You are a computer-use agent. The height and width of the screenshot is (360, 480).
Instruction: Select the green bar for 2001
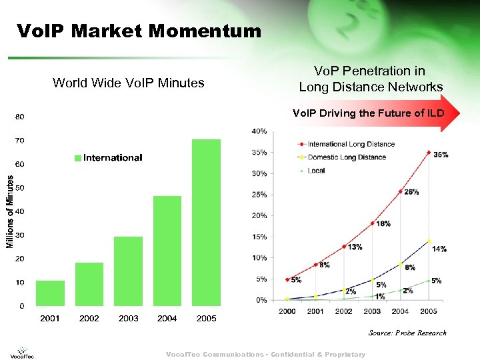coord(50,293)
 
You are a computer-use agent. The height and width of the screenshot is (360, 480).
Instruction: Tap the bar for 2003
coord(128,271)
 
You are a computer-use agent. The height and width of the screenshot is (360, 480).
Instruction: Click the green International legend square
coord(78,158)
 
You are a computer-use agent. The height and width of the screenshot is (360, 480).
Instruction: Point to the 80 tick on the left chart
coord(20,117)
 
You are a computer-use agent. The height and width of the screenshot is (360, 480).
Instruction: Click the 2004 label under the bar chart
coord(167,319)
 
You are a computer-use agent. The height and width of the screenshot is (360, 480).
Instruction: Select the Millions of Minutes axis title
coord(10,211)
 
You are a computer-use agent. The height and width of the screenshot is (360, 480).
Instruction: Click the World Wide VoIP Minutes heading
coord(128,83)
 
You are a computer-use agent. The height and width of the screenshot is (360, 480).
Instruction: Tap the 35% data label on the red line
coord(441,155)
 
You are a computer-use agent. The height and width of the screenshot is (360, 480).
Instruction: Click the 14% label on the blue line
coord(439,249)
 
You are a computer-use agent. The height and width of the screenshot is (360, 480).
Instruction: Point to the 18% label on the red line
coord(383,224)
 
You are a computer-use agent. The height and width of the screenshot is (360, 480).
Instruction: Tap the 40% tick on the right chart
coord(259,131)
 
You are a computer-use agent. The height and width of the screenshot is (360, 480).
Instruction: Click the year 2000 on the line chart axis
coord(287,311)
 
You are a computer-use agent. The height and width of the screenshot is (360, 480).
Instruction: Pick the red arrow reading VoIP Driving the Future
coord(377,113)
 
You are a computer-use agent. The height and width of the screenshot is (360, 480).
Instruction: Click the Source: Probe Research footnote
coord(407,333)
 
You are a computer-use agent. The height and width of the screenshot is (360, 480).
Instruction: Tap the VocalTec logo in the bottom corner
coord(23,352)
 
